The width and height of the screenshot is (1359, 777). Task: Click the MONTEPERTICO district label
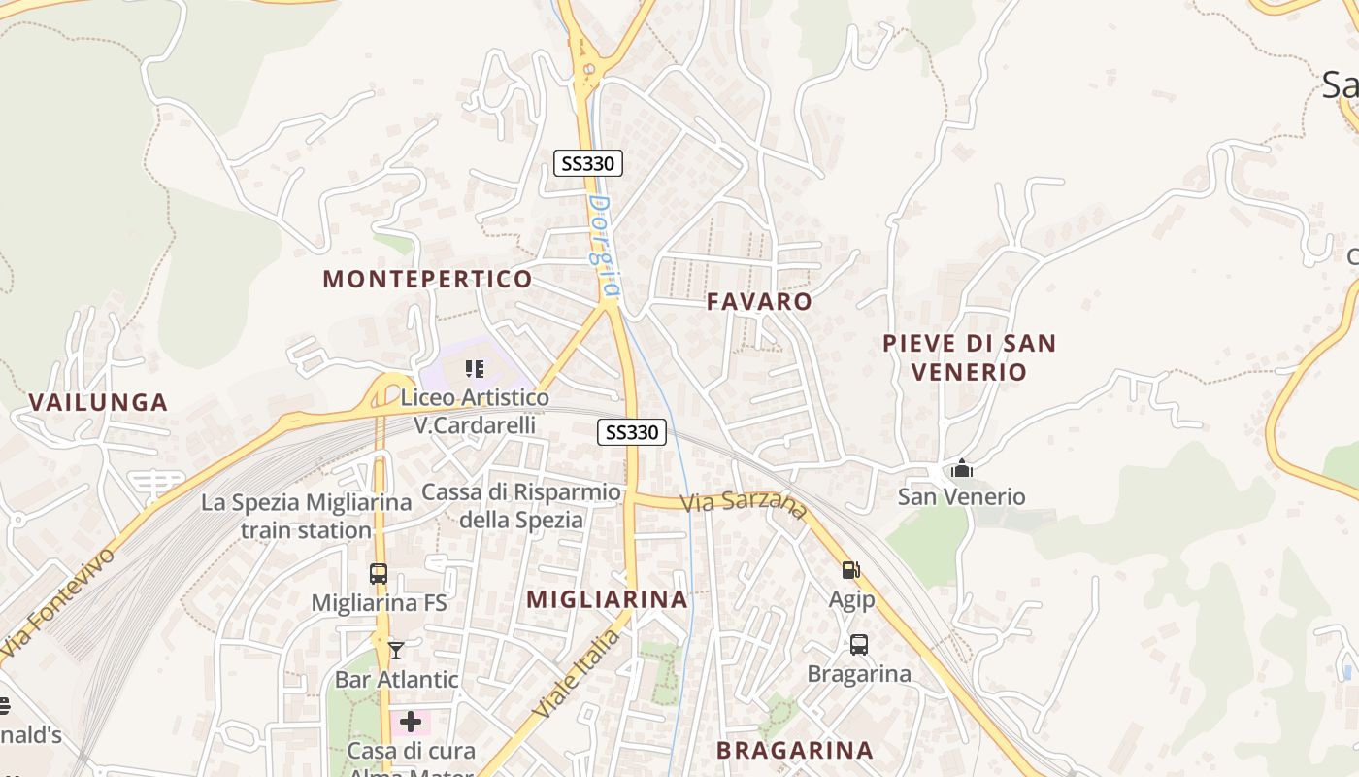pyautogui.click(x=427, y=280)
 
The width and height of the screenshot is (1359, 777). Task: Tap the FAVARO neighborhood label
pyautogui.click(x=759, y=301)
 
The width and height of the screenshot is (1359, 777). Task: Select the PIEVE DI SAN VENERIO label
pyautogui.click(x=969, y=357)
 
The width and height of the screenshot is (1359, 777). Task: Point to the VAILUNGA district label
pyautogui.click(x=98, y=402)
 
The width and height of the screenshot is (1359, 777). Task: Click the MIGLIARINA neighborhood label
pyautogui.click(x=608, y=599)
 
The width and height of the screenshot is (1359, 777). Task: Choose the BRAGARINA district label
pyautogui.click(x=795, y=750)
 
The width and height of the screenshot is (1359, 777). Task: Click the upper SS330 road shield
pyautogui.click(x=587, y=163)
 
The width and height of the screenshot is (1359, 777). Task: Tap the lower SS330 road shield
pyautogui.click(x=631, y=432)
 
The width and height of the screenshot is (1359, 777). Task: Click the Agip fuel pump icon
pyautogui.click(x=850, y=570)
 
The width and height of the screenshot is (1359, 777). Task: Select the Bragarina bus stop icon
pyautogui.click(x=859, y=644)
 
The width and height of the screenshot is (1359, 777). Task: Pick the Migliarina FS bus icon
pyautogui.click(x=379, y=574)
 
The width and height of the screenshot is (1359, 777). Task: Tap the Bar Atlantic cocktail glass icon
pyautogui.click(x=396, y=650)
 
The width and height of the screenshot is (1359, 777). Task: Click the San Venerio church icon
pyautogui.click(x=962, y=468)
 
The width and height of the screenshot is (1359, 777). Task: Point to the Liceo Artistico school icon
pyautogui.click(x=475, y=368)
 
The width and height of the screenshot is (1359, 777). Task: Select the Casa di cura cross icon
pyautogui.click(x=411, y=722)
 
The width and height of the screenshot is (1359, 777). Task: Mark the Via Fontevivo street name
pyautogui.click(x=58, y=601)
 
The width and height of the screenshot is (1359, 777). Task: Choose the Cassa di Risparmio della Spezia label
pyautogui.click(x=521, y=506)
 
